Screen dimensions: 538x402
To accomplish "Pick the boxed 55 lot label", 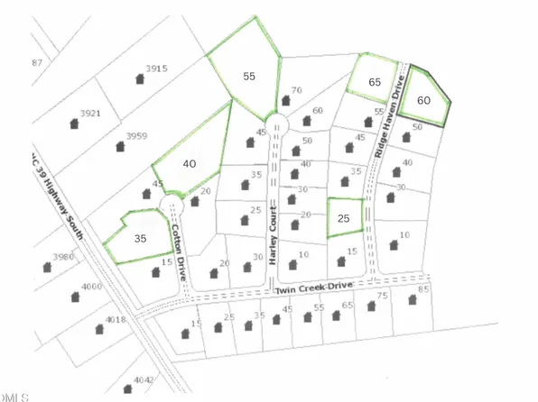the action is click(248, 78).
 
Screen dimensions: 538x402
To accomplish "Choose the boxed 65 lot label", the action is click(376, 81).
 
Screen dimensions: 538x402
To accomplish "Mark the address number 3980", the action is click(63, 256).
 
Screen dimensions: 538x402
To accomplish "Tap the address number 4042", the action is click(145, 379).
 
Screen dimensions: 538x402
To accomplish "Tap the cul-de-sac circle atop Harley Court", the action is click(274, 124).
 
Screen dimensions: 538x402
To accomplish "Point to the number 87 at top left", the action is click(37, 62).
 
